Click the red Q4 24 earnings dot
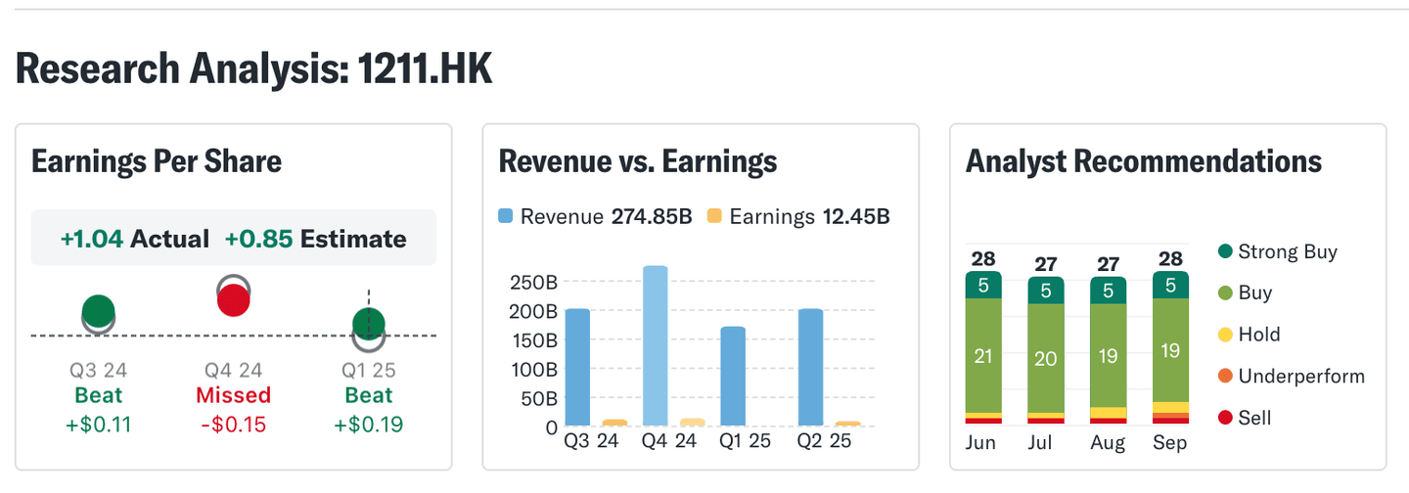233,300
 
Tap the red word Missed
233,396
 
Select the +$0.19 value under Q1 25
368,425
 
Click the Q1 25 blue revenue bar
733,376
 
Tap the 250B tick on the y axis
533,283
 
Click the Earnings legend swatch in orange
714,216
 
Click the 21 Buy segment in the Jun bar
983,356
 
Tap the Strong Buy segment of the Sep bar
1170,286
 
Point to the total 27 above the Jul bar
1046,264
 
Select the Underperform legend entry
1300,377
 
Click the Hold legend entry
1258,335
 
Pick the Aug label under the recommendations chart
1109,443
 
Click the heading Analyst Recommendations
1143,161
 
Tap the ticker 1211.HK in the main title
425,69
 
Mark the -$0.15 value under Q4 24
233,425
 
